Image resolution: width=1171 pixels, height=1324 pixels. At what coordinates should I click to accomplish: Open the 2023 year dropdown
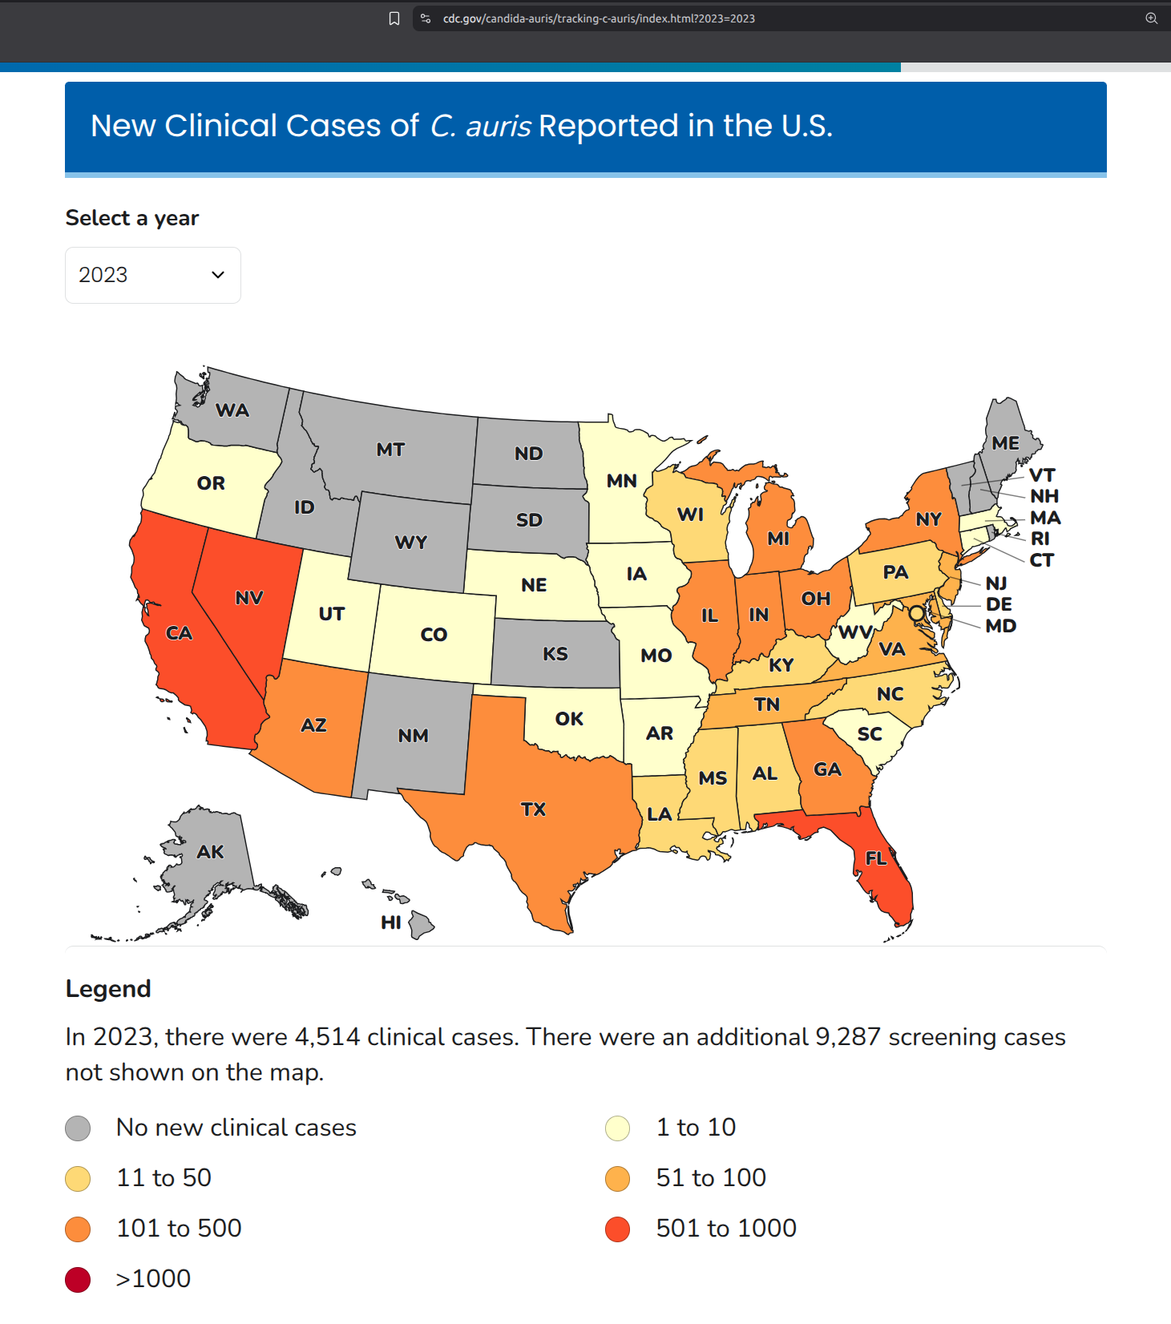click(152, 275)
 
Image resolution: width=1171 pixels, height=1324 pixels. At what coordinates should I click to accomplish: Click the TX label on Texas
click(533, 809)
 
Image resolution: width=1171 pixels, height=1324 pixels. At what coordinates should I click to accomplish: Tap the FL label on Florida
click(876, 858)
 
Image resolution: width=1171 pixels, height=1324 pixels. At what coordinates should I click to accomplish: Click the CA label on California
click(179, 633)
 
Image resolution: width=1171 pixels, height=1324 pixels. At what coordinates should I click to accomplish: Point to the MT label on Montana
click(390, 450)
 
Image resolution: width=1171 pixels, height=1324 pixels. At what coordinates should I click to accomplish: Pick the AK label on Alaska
click(210, 852)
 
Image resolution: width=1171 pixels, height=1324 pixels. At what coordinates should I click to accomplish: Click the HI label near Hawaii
click(391, 922)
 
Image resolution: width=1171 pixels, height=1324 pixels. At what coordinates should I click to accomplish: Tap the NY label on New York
click(928, 519)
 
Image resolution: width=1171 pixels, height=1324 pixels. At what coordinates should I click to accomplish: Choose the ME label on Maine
click(1005, 443)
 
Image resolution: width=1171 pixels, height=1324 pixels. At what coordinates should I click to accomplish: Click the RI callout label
click(1040, 539)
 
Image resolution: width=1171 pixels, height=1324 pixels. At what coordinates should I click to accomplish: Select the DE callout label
click(999, 604)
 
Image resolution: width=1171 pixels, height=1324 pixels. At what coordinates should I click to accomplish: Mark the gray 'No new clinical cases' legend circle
click(78, 1128)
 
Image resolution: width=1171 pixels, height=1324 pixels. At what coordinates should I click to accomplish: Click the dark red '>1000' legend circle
click(78, 1280)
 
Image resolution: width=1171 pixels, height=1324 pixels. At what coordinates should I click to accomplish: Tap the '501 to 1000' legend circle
click(618, 1229)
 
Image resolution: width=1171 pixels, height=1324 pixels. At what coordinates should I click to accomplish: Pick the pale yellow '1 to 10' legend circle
click(618, 1128)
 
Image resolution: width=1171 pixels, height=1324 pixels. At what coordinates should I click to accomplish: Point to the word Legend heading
click(108, 989)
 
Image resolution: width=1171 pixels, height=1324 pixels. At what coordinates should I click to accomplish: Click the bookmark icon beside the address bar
click(394, 18)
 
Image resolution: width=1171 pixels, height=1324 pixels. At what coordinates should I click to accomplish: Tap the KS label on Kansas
click(555, 654)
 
